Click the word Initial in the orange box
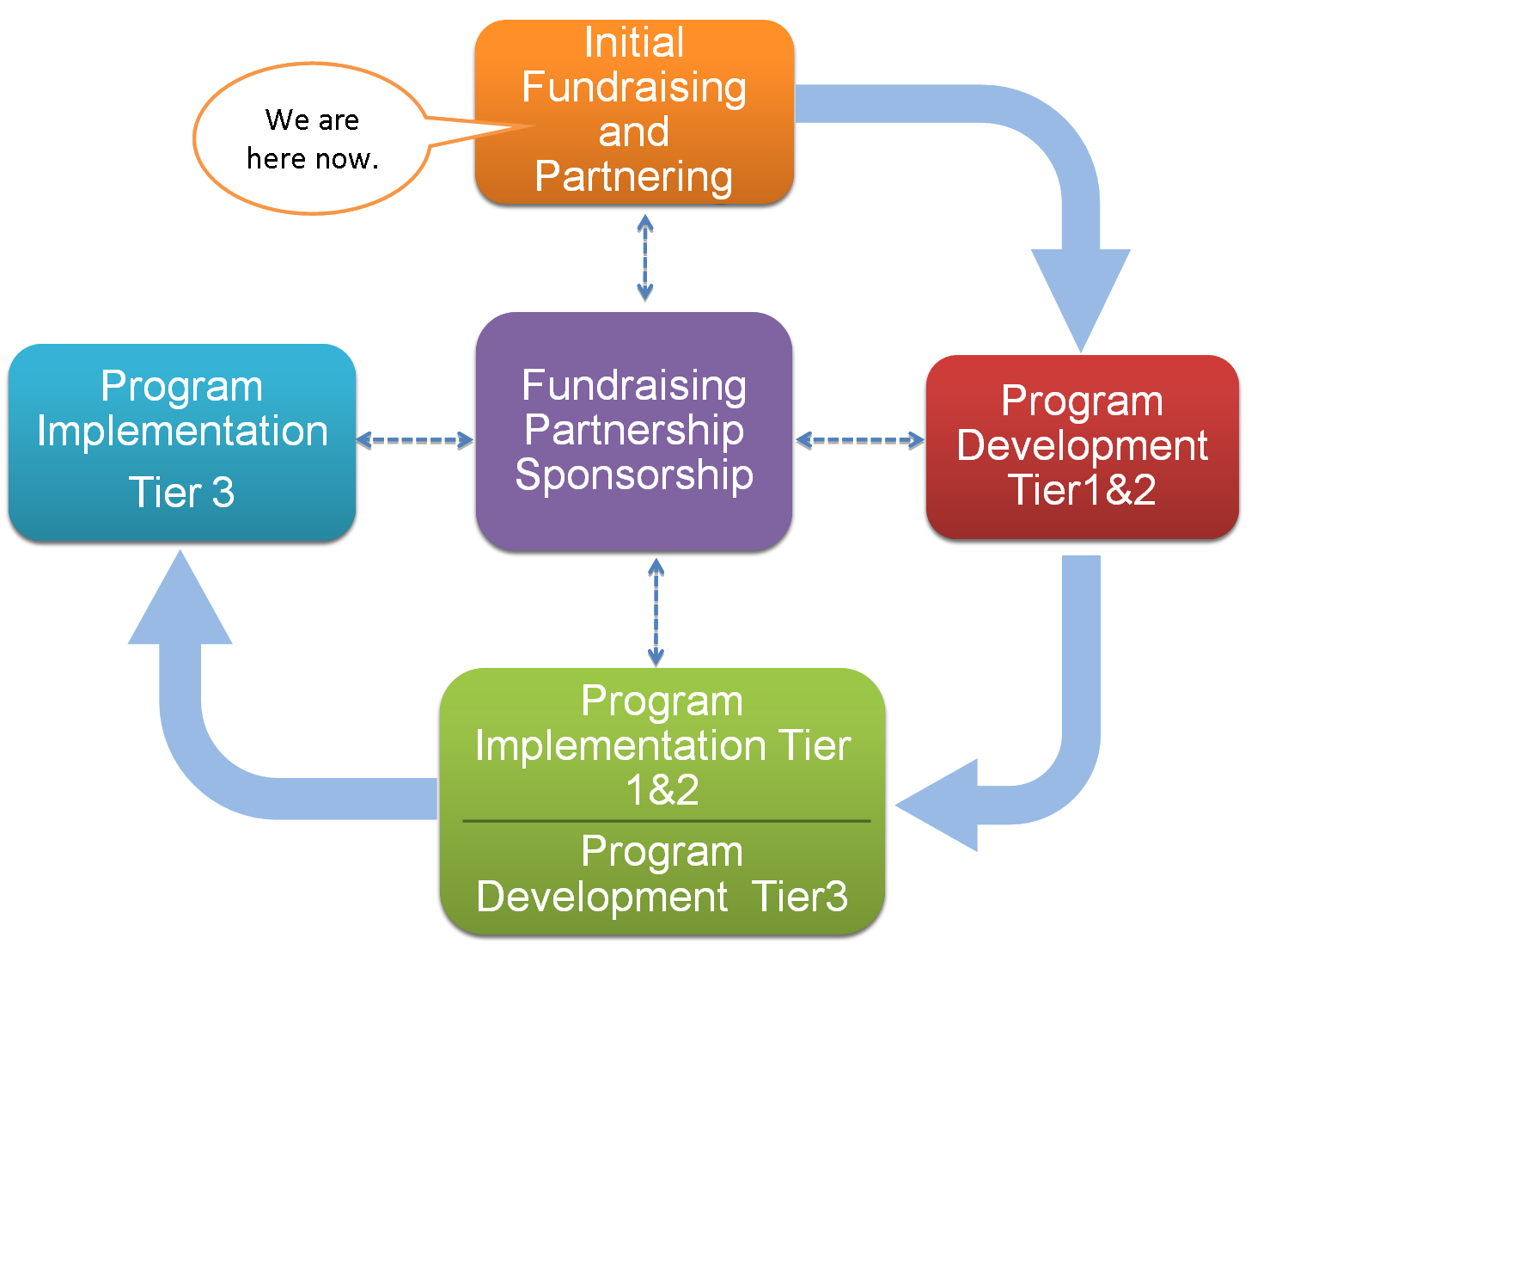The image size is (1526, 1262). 634,43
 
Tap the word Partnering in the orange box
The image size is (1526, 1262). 634,176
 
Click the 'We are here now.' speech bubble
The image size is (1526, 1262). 312,138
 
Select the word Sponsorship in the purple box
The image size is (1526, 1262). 634,475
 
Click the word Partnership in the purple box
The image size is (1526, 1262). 634,430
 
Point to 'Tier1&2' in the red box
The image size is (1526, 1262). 1082,490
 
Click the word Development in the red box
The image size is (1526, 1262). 1082,445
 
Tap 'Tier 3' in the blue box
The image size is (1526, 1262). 181,493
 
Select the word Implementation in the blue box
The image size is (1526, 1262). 182,431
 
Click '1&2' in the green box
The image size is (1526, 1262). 662,790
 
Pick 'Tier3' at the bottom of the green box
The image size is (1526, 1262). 800,897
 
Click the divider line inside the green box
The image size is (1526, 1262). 666,821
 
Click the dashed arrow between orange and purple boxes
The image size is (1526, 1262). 645,256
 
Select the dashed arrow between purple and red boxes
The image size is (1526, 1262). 859,440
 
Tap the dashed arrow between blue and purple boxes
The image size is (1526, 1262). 414,440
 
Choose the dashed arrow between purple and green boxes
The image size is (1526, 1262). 656,612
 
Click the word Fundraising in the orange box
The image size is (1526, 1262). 634,88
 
